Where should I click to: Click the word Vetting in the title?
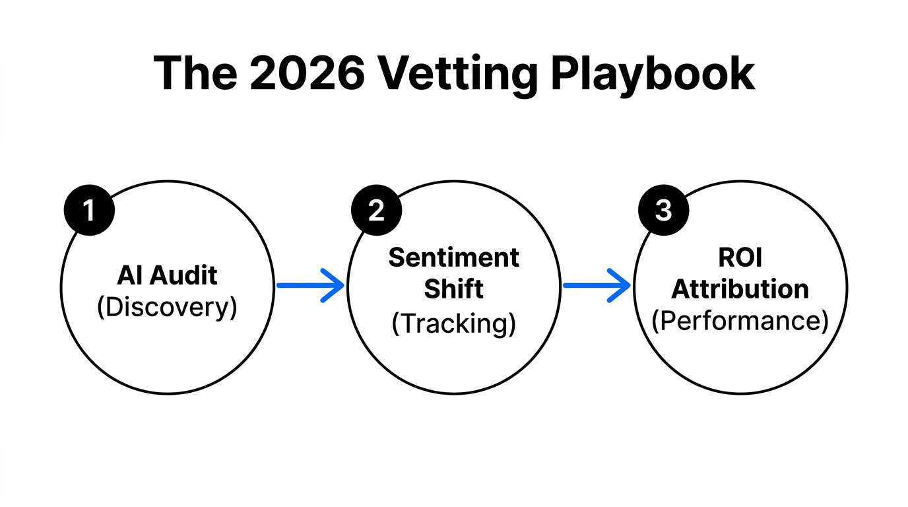[x=457, y=73]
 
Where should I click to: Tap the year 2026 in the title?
[x=308, y=73]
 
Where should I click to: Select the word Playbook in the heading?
[x=653, y=73]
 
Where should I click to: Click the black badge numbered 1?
[x=89, y=211]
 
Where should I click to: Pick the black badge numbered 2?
[x=376, y=211]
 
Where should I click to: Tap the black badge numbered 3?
[x=664, y=211]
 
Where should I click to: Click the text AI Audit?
[x=167, y=275]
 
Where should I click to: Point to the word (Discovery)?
[x=167, y=308]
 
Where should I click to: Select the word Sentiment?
[x=454, y=257]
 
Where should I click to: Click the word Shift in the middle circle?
[x=454, y=289]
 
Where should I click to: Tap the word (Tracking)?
[x=454, y=323]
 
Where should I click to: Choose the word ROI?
[x=740, y=257]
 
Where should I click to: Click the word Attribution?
[x=740, y=289]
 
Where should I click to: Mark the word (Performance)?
[x=740, y=321]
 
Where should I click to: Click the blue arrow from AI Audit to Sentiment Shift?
[x=310, y=286]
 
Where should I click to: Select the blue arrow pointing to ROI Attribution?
[x=597, y=286]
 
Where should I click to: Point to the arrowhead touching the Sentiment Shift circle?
[x=335, y=286]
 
